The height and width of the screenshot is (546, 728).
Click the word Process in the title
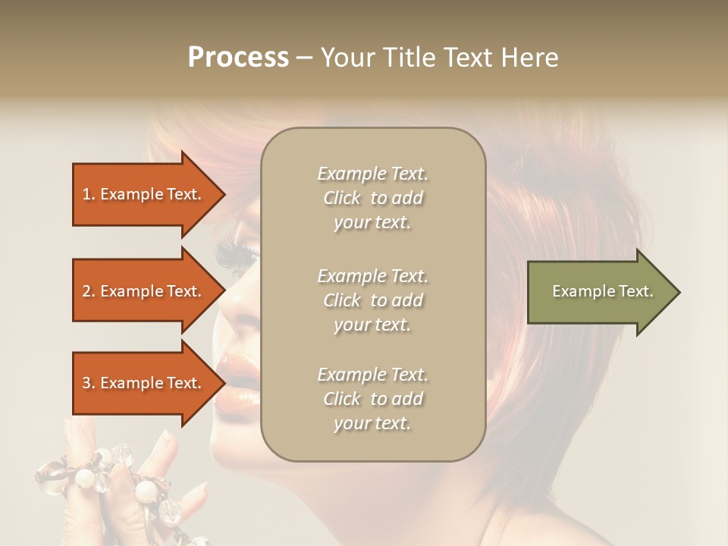(x=238, y=58)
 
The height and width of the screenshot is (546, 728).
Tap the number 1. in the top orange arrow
(x=89, y=194)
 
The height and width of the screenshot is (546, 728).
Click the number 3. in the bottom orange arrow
(x=89, y=383)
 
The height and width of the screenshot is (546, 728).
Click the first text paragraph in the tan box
(x=372, y=198)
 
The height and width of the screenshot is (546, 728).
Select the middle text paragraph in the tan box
(x=372, y=300)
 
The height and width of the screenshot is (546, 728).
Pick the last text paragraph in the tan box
(x=372, y=399)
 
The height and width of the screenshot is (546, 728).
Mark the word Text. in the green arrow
(x=635, y=291)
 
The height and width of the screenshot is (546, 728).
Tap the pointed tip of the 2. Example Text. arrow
(x=224, y=291)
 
